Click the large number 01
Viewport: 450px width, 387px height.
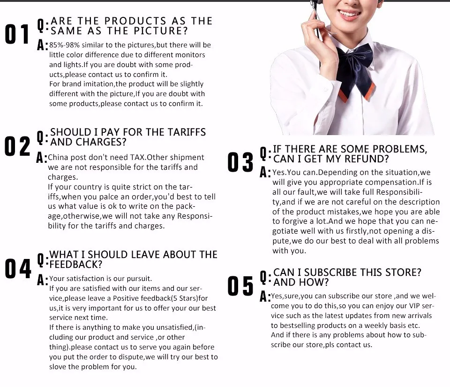17,34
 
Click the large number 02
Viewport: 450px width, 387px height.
17,146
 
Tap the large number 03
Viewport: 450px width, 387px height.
240,162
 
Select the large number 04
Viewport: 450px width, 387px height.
18,269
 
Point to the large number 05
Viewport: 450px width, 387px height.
240,286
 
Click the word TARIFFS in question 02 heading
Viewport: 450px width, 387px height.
187,132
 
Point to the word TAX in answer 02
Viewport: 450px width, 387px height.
137,157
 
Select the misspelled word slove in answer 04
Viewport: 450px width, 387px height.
57,367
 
